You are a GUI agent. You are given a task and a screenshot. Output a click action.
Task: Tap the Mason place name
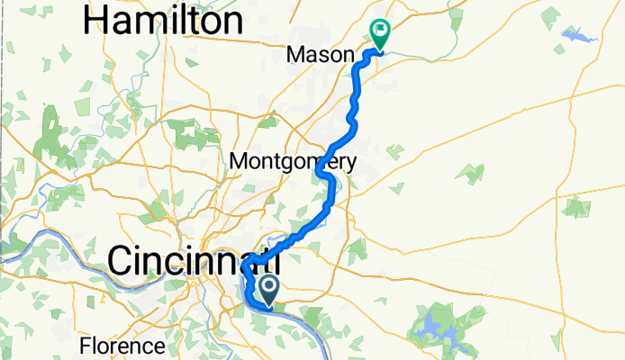pyautogui.click(x=320, y=56)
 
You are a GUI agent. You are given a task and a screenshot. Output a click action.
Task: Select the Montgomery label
pyautogui.click(x=294, y=162)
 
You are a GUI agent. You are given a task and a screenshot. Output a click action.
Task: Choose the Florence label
pyautogui.click(x=122, y=346)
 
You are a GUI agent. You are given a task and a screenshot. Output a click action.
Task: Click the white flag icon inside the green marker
pyautogui.click(x=380, y=32)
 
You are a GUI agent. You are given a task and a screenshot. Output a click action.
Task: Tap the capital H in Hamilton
pyautogui.click(x=95, y=20)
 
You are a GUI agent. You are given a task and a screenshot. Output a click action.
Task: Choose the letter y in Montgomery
pyautogui.click(x=351, y=165)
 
